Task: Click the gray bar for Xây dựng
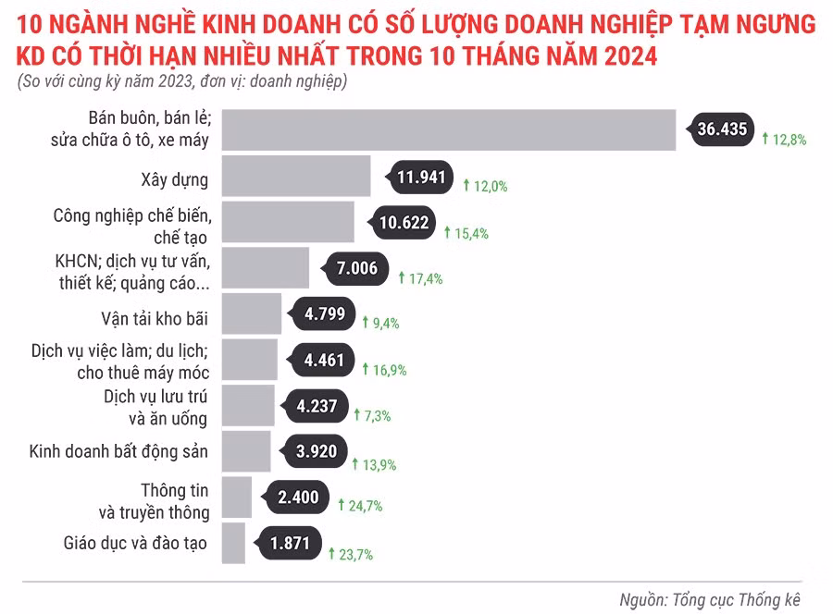pos(296,176)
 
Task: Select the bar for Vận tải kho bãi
pos(252,314)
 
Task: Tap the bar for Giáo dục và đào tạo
pos(234,543)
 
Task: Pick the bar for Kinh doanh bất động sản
pos(246,451)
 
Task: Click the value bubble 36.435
pos(720,129)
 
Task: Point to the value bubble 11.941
pos(421,177)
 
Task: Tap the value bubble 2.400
pos(297,497)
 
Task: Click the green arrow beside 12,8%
pos(765,139)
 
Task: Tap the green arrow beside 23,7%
pos(330,553)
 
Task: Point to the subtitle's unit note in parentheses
pos(181,81)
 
